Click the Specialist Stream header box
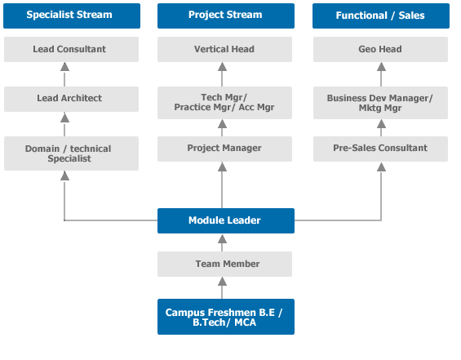(x=72, y=16)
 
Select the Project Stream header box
(x=226, y=16)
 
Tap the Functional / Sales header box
(x=381, y=16)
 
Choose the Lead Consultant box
(x=71, y=50)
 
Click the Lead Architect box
(x=71, y=99)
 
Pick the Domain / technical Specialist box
(x=71, y=153)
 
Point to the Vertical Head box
(x=224, y=50)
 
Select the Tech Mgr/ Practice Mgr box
(x=224, y=103)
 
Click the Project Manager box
(x=224, y=149)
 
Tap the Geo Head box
(x=380, y=50)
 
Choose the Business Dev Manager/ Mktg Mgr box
(x=380, y=103)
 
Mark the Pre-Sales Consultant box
(x=380, y=149)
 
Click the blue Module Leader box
(x=226, y=221)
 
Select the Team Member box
(x=224, y=264)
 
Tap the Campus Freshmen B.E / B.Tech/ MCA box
(x=226, y=317)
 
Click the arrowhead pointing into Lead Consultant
(x=64, y=67)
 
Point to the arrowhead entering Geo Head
(x=381, y=67)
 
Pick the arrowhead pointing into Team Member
(x=222, y=282)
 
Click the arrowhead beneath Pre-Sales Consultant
(x=381, y=167)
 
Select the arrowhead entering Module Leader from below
(x=222, y=239)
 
